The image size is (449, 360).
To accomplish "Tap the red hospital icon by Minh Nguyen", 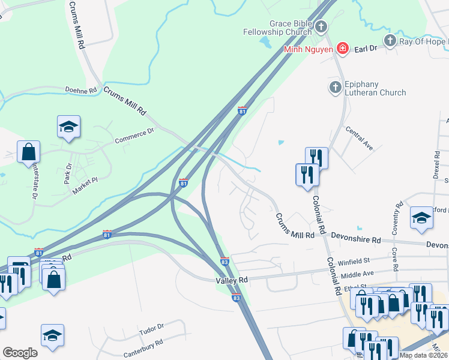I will [x=343, y=49].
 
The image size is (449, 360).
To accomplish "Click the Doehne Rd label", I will [x=81, y=91].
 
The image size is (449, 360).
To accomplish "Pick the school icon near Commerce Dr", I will [x=69, y=127].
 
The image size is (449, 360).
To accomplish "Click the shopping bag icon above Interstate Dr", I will [x=28, y=152].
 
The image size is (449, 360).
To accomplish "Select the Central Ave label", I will [x=360, y=137].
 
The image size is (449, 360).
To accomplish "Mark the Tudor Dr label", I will [x=151, y=329].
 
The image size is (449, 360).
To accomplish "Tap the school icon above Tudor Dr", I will [x=53, y=336].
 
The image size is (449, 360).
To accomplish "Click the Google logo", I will [x=20, y=353].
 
